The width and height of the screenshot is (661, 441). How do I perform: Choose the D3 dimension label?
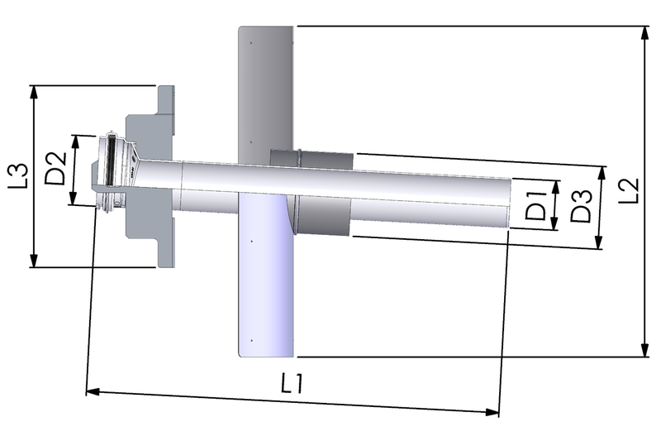coord(581,206)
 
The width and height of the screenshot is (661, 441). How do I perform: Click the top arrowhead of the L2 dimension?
coord(644,31)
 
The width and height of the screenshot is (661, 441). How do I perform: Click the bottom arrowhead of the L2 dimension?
coord(644,352)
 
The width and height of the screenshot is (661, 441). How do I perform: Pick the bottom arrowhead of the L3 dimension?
coord(34,261)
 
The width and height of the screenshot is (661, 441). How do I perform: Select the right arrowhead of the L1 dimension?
coord(495,411)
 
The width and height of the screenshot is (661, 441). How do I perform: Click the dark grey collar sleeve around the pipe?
coord(322,194)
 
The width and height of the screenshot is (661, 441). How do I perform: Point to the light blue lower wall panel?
coord(264,281)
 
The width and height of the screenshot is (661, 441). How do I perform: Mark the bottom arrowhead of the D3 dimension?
coord(600,245)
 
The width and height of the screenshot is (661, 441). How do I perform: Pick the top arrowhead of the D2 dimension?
coord(77,139)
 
